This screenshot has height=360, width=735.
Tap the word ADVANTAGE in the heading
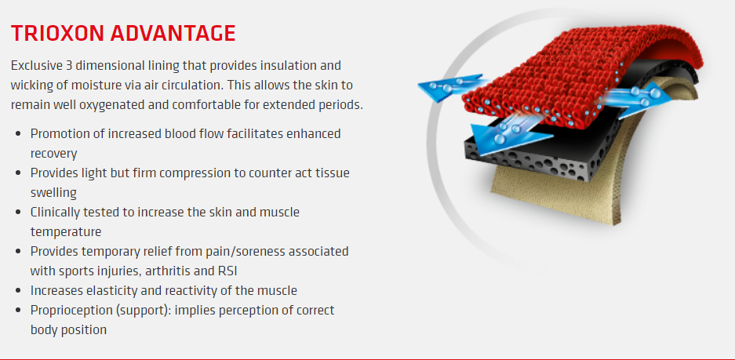tap(173, 33)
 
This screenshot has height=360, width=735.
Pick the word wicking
tap(30, 85)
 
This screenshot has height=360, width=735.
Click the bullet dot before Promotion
tap(18, 133)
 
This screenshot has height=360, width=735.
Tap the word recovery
tap(53, 154)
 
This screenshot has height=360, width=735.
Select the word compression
tap(202, 173)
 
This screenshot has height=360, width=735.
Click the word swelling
tap(53, 193)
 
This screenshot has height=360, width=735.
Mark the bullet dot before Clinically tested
tap(18, 212)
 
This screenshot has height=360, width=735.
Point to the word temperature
tap(66, 232)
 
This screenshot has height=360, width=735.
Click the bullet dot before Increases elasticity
tap(18, 291)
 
